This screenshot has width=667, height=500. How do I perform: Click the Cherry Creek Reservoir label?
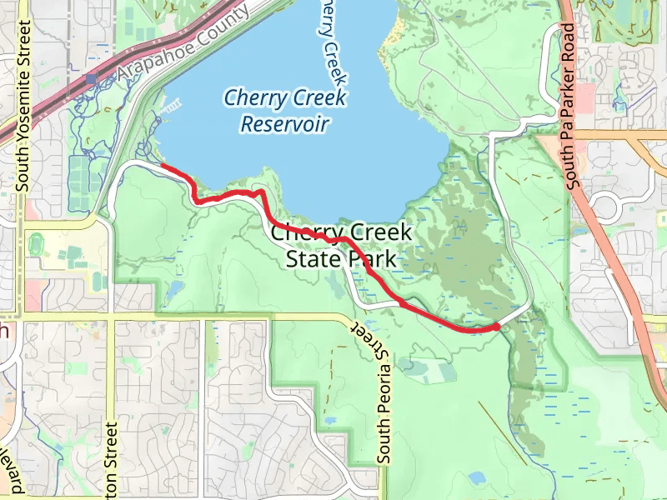284,112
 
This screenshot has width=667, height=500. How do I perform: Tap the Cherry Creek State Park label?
341,246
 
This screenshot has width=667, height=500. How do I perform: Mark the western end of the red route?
162,167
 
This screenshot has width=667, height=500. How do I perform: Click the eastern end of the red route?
497,327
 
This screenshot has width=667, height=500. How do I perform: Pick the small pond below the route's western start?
174,291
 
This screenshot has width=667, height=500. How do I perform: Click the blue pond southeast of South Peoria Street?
477,478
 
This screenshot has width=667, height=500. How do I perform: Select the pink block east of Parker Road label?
584,98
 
